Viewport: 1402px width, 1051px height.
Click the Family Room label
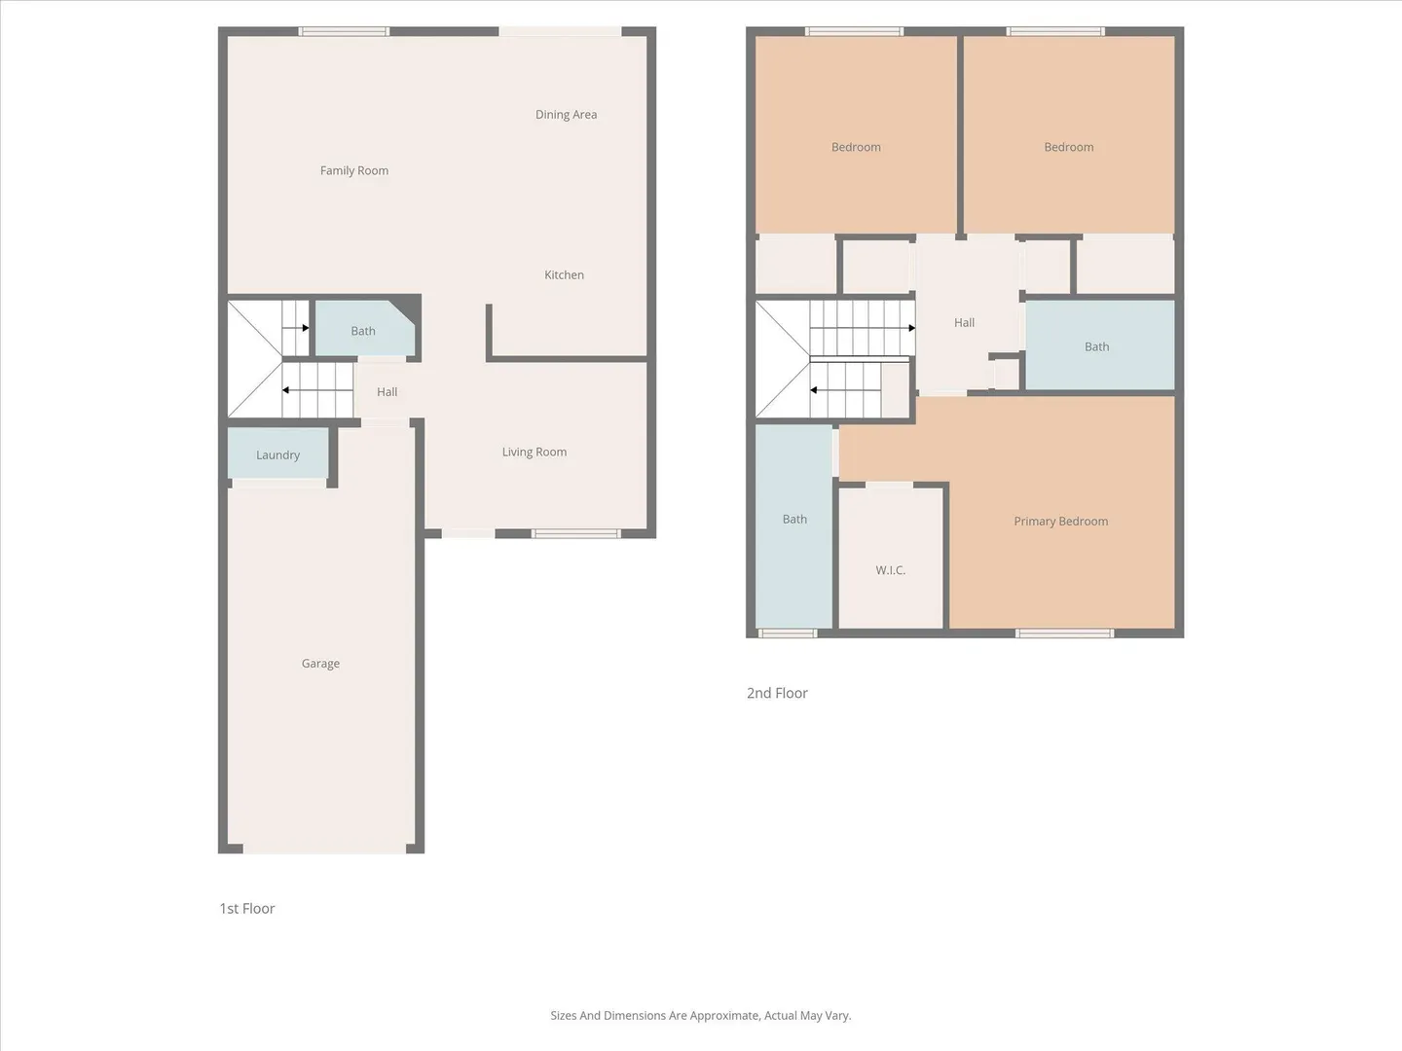pos(353,170)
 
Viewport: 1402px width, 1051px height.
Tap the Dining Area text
pos(566,115)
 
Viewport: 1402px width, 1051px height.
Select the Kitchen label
pos(564,275)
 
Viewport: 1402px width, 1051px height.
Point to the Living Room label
pos(534,453)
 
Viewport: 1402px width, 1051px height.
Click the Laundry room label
pos(277,455)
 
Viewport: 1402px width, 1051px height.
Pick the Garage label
pos(320,664)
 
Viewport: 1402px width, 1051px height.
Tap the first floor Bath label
pos(363,331)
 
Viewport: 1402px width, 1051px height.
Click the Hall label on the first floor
pos(387,392)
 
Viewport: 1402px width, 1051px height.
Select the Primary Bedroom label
pos(1061,522)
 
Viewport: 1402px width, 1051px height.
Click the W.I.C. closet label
pos(891,570)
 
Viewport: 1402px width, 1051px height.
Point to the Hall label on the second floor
pos(965,323)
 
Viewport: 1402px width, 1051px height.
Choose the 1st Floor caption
pos(247,909)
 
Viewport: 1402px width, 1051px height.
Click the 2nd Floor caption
pos(777,693)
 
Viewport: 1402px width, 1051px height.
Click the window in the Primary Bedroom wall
pos(1065,633)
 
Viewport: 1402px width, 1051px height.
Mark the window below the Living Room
pos(575,533)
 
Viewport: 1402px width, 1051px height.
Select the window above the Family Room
pos(344,31)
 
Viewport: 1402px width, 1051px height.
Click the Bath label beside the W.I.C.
pos(794,520)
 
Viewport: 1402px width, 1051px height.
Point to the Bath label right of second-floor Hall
pos(1096,347)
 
